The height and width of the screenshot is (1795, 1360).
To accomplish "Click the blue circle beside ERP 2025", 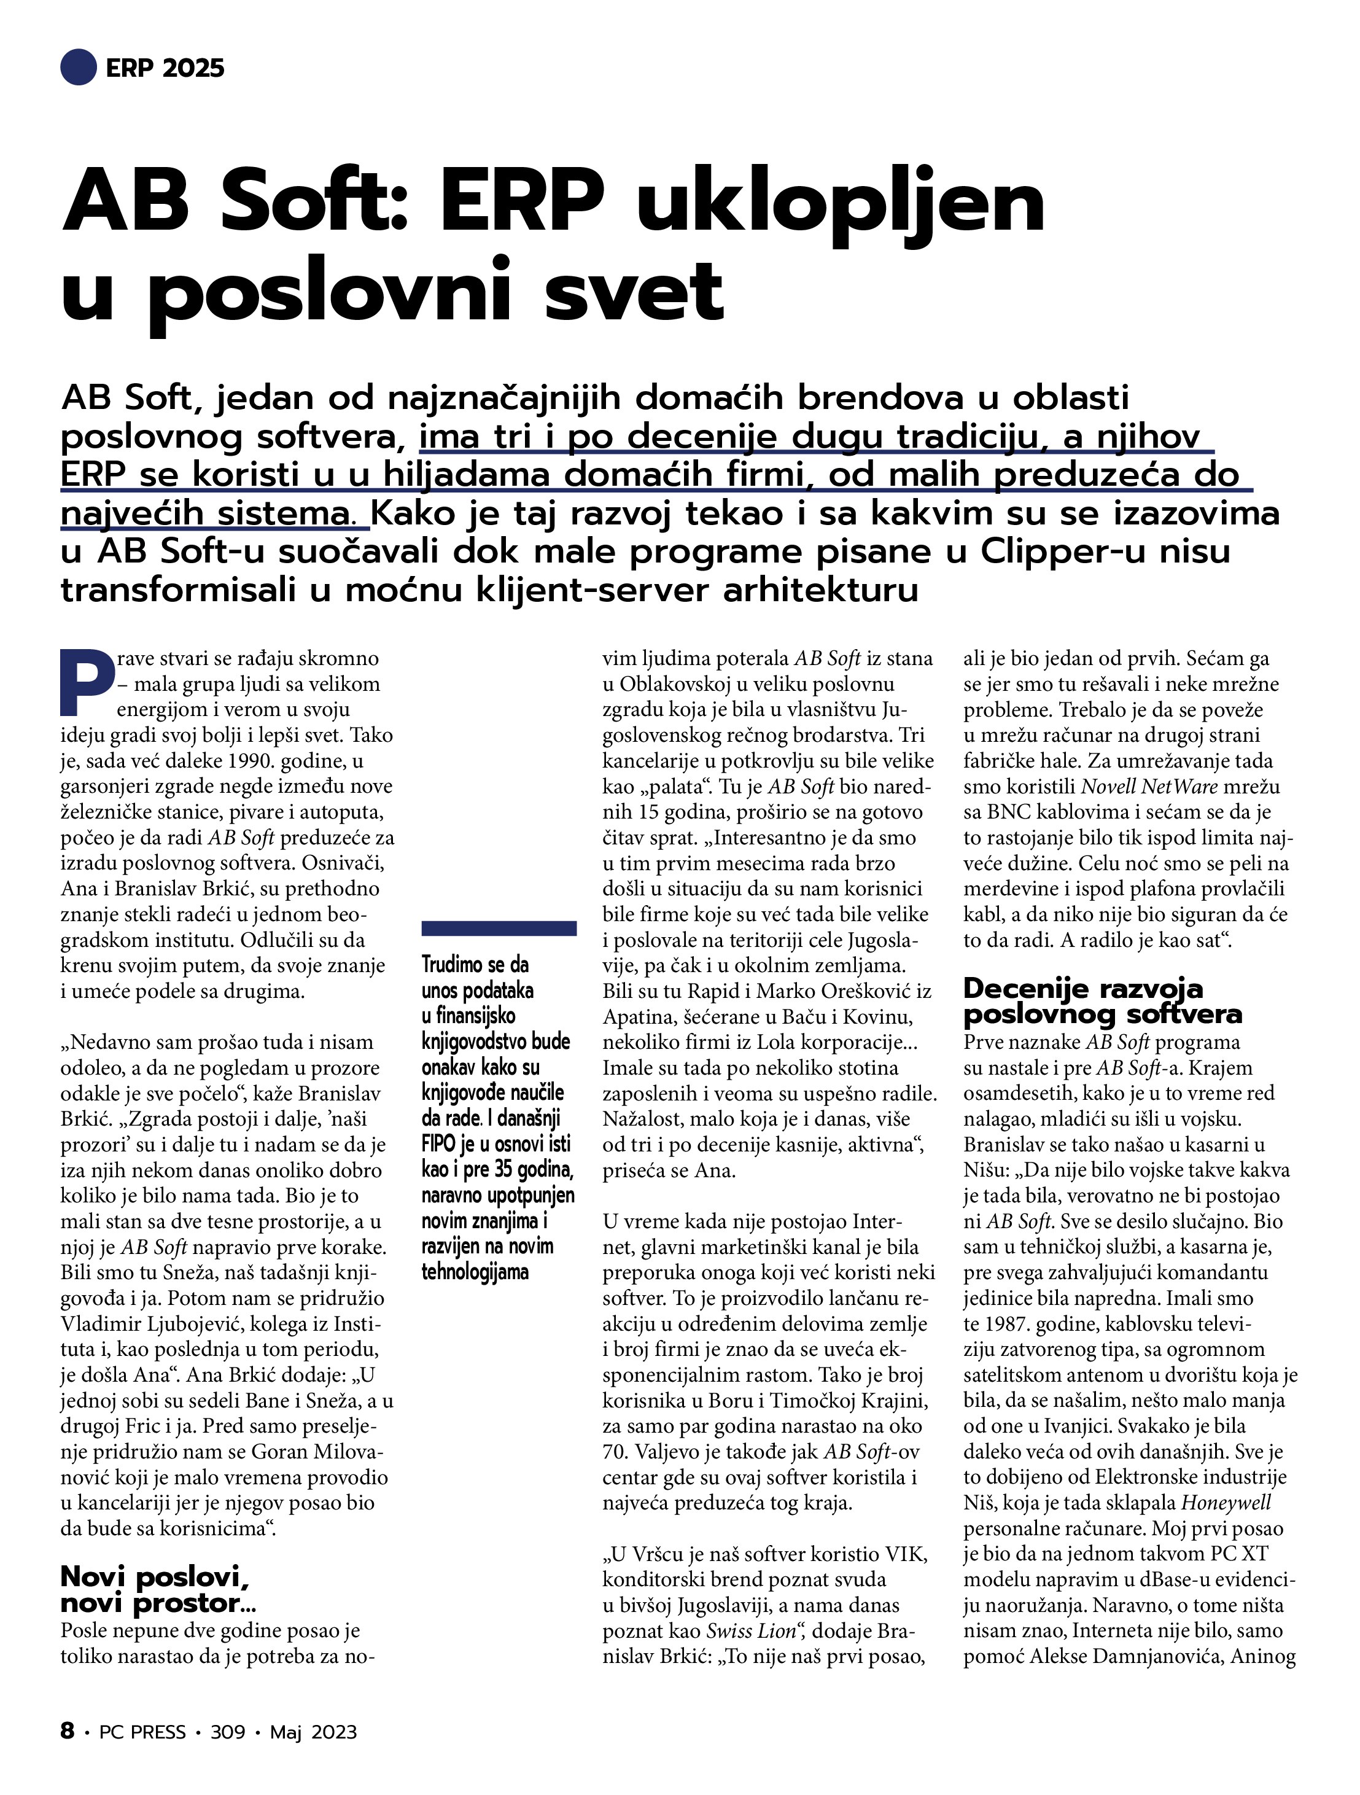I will [x=79, y=68].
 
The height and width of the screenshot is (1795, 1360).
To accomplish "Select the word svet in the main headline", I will [x=634, y=292].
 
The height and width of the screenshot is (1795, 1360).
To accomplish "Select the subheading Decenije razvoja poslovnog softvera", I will [x=1102, y=1000].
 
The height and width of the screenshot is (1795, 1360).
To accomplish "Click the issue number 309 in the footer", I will [x=227, y=1732].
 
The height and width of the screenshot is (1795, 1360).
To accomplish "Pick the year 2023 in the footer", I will [x=333, y=1732].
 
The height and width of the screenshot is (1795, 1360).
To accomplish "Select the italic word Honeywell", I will [x=1226, y=1502].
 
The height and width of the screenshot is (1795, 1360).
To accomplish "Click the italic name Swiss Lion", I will [x=750, y=1630].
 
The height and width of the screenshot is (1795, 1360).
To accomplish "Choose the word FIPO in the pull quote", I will [x=440, y=1143].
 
